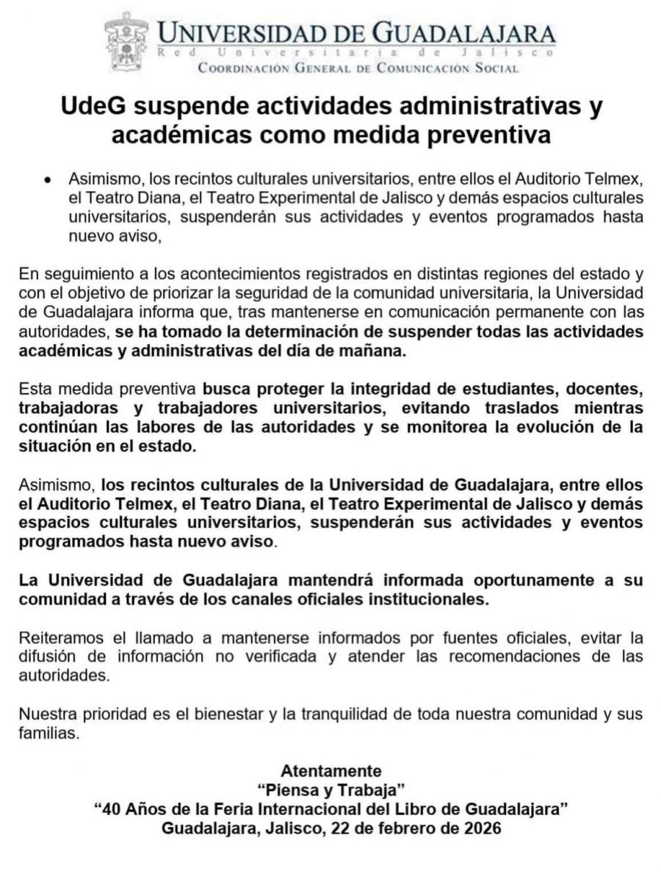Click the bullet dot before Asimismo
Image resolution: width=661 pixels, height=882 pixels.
click(x=47, y=179)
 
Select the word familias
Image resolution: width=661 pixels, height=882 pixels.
click(x=48, y=734)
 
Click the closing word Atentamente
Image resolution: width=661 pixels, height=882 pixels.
click(x=331, y=772)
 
